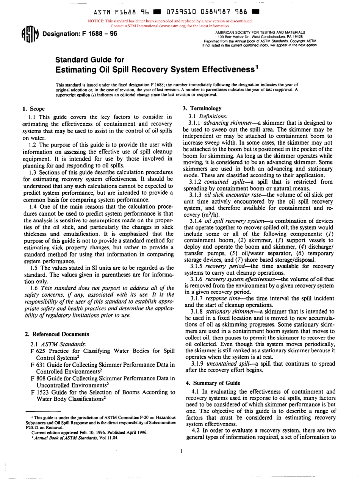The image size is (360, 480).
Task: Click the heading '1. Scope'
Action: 34,109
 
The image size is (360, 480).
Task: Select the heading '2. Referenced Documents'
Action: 57,334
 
